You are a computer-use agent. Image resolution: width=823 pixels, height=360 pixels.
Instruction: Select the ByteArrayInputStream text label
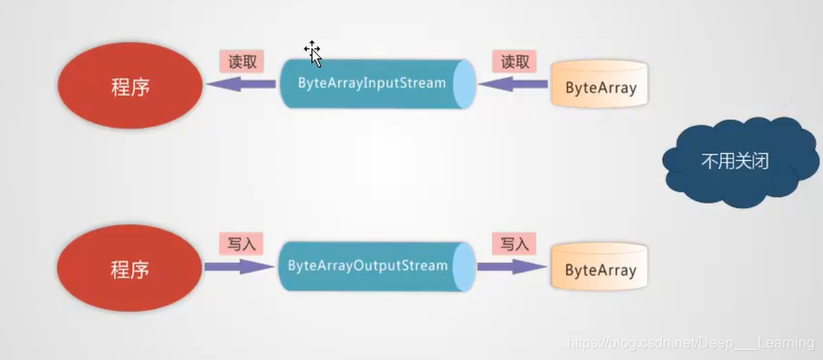(x=372, y=83)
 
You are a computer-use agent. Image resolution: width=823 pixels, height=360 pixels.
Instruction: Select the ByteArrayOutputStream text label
(x=367, y=266)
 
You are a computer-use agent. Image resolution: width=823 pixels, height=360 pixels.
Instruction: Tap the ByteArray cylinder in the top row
(x=601, y=88)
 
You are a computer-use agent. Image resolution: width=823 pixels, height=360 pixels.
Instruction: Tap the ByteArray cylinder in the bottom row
(x=601, y=270)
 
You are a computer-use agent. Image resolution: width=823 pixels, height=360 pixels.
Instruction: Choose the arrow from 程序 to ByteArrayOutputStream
(x=240, y=267)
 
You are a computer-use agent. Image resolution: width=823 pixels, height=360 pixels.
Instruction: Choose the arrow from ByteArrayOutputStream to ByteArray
(x=512, y=267)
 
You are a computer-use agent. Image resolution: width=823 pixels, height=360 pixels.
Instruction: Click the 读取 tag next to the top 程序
(x=241, y=61)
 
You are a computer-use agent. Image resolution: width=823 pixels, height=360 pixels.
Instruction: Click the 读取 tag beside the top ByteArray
(x=515, y=62)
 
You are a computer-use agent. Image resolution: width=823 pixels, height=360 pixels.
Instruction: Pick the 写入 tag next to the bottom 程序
(x=241, y=243)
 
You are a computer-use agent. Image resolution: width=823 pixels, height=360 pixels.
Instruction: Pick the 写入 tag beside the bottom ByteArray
(x=515, y=243)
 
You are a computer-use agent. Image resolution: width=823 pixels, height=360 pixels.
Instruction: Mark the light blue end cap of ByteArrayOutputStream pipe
(x=466, y=266)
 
